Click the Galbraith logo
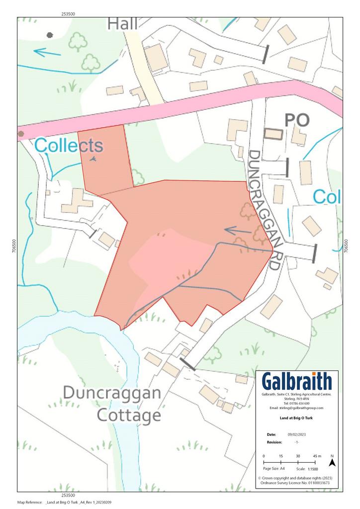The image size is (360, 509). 297,382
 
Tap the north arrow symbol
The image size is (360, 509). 332,462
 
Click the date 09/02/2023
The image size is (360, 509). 288,434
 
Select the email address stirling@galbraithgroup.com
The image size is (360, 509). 296,408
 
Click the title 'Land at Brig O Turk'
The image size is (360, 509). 297,418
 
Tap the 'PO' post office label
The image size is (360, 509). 296,120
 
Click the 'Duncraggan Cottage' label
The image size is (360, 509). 112,404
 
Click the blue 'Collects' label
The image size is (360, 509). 69,146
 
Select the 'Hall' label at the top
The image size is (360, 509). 122,23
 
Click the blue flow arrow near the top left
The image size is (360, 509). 47,51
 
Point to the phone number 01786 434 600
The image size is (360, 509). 297,403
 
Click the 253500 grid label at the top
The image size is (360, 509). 69,14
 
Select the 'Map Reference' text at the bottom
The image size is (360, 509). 30,503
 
